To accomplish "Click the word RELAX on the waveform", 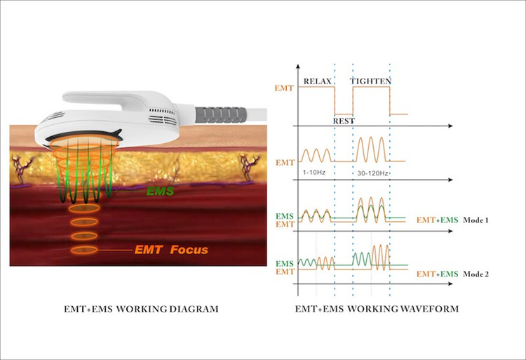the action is [317, 81].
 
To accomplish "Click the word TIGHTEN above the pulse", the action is [371, 81].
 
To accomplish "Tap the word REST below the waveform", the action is [344, 121].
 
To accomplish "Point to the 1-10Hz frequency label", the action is [314, 173].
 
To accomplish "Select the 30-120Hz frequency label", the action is [372, 173].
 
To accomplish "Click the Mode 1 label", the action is [476, 220].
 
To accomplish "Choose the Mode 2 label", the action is [476, 274].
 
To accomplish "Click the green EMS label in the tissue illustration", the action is [160, 192].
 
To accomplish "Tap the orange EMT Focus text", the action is [171, 250].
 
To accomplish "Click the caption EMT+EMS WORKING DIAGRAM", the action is [141, 309].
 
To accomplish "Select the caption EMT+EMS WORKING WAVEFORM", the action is [377, 309].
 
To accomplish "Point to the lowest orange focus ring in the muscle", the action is [84, 250].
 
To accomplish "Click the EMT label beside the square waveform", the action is [284, 88].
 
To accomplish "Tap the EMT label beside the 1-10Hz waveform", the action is [285, 163].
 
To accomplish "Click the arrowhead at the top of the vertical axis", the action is [298, 66].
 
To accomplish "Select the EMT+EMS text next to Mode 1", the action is [437, 220].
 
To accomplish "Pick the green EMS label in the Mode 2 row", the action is [285, 264].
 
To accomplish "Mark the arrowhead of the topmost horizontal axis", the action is [450, 126].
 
